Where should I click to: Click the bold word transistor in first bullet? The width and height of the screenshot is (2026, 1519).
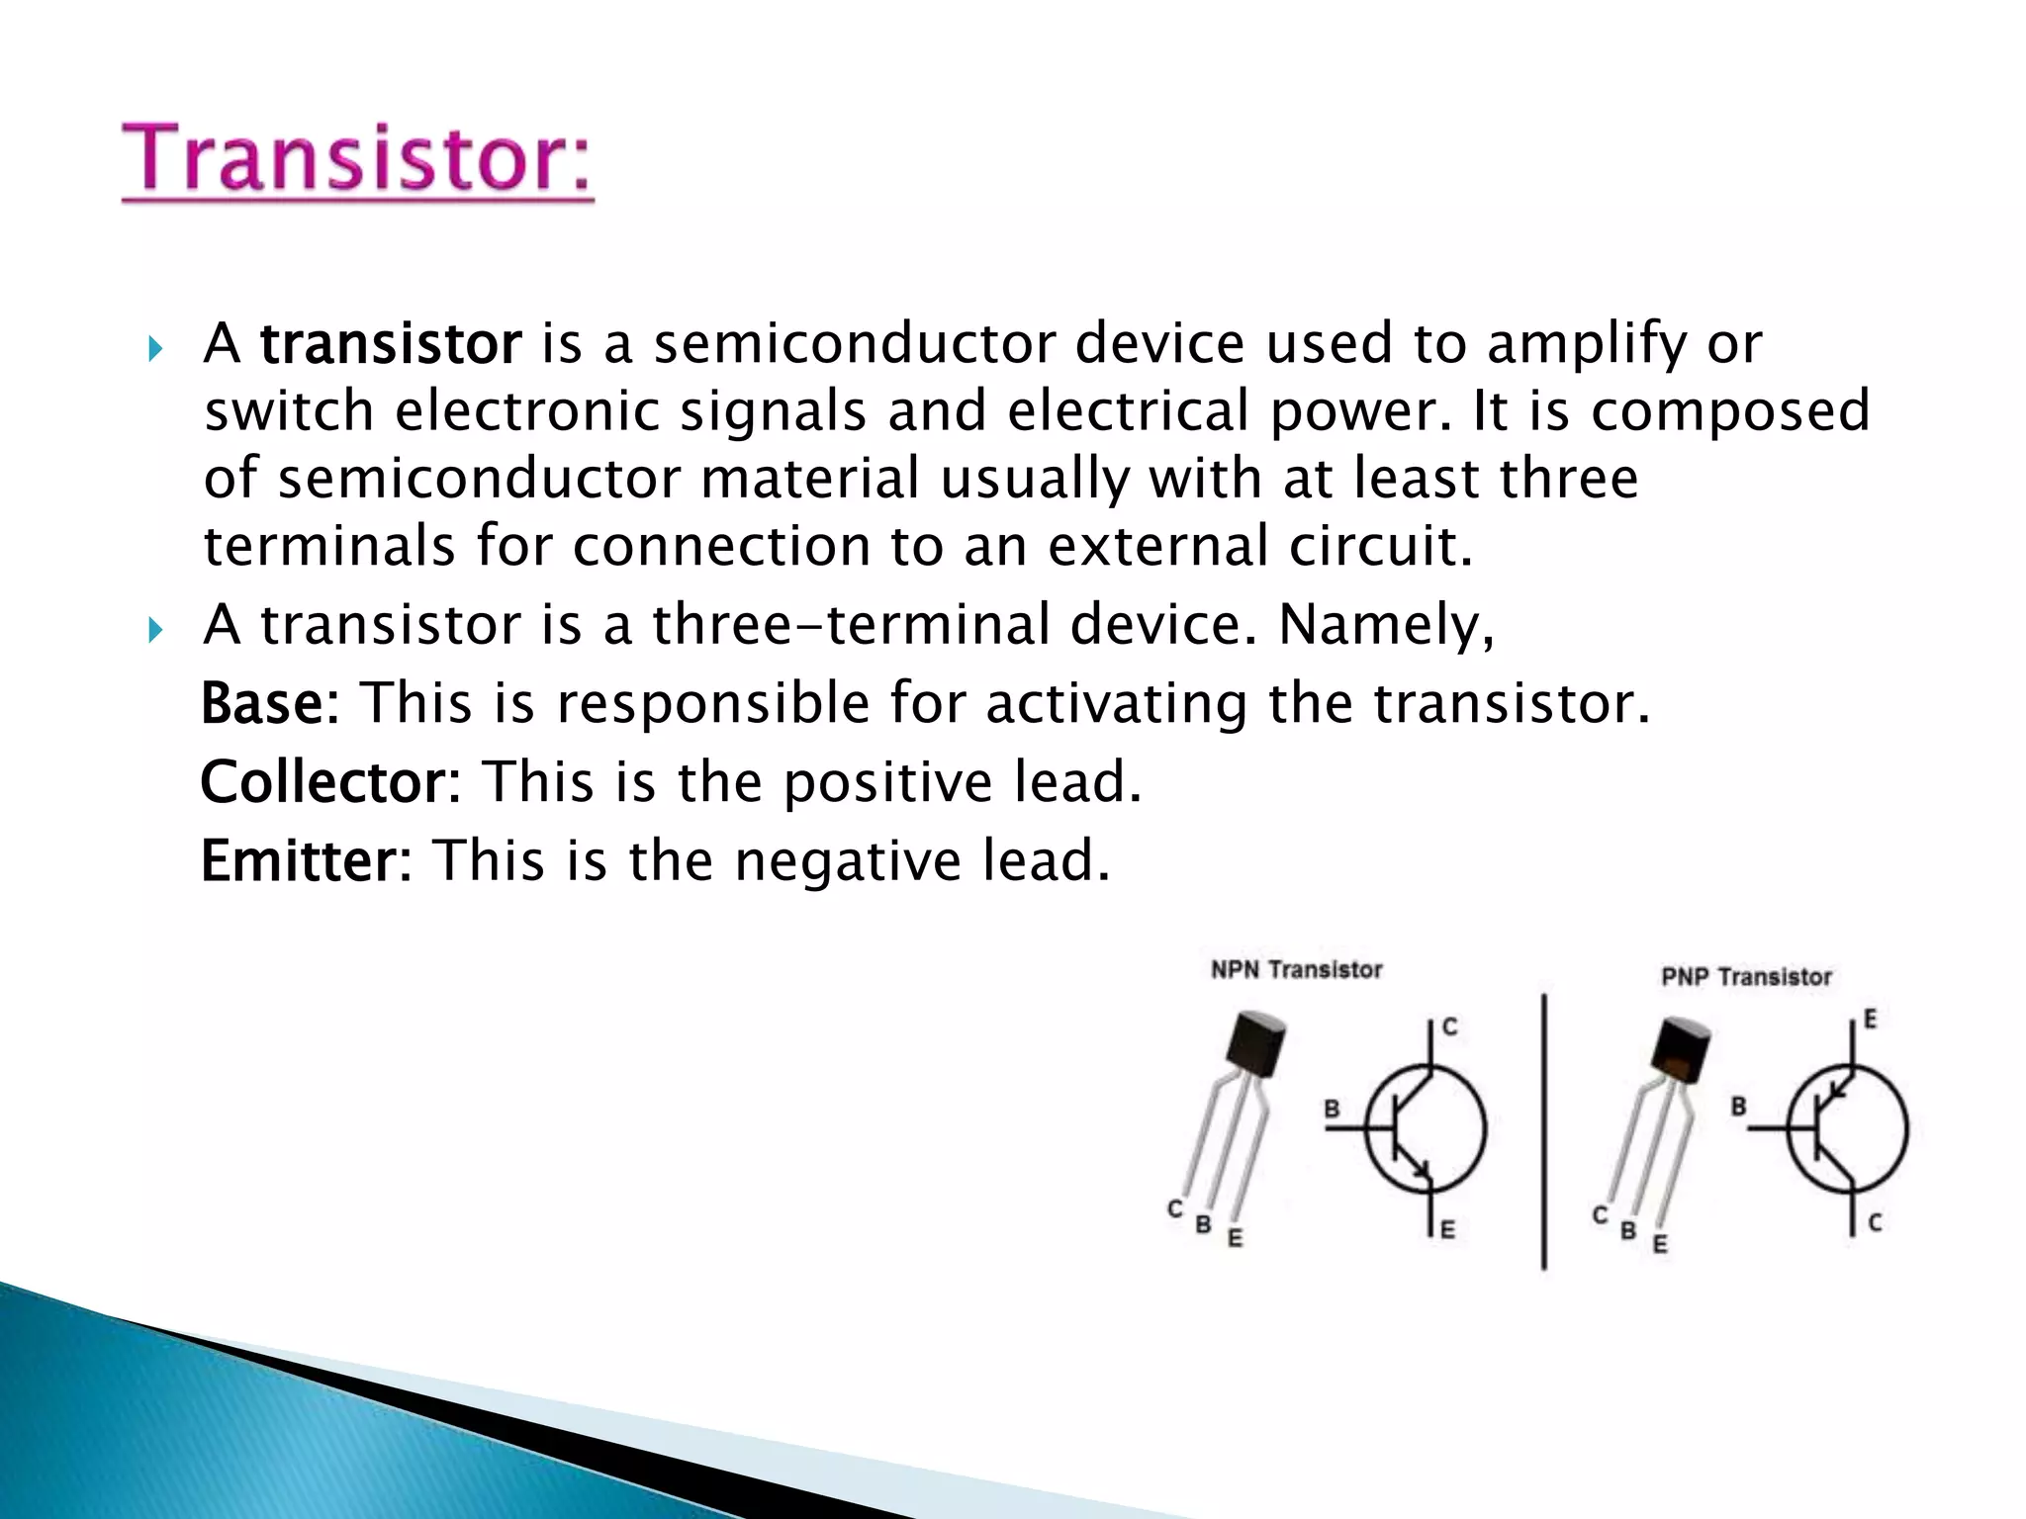(x=390, y=344)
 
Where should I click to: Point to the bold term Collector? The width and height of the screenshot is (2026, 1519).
(x=330, y=782)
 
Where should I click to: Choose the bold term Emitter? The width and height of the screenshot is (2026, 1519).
(x=306, y=860)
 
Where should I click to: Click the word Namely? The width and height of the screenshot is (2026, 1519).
(x=1386, y=626)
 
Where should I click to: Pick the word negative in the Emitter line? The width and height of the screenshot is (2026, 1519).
(x=848, y=861)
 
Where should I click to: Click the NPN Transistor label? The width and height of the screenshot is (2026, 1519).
(x=1296, y=970)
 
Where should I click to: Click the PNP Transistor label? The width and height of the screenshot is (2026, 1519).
(x=1746, y=978)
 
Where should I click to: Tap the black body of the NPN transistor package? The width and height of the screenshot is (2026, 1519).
(x=1253, y=1043)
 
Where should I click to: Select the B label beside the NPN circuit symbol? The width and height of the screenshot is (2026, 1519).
(x=1332, y=1109)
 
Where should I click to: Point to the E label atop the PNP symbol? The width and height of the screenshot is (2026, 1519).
(x=1870, y=1020)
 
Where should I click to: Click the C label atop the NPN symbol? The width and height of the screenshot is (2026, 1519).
(x=1449, y=1028)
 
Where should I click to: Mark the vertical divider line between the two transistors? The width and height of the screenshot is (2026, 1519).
(x=1543, y=1131)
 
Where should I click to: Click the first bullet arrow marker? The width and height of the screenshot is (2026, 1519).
(x=154, y=349)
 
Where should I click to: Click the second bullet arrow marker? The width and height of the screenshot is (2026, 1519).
(x=154, y=630)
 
